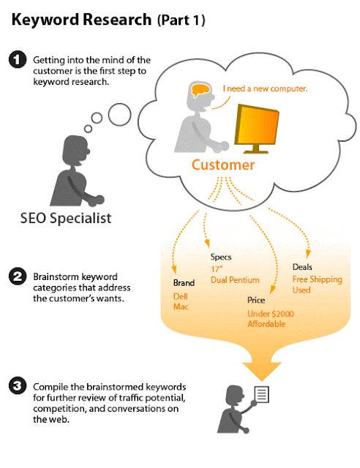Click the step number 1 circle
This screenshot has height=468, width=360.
[x=18, y=59]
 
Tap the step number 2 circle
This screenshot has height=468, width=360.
[x=18, y=276]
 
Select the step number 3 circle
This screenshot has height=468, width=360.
[x=18, y=385]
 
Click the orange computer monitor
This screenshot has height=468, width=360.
[x=256, y=129]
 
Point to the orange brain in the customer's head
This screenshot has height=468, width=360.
[x=200, y=90]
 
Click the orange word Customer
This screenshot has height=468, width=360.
[x=223, y=165]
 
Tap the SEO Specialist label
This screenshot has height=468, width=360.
[x=66, y=218]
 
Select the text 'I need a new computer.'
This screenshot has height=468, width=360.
[x=265, y=88]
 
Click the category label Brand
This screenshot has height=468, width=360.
[x=184, y=283]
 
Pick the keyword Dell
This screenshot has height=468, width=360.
[x=181, y=296]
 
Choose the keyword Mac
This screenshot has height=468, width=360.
[x=181, y=306]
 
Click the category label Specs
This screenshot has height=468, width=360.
[x=221, y=257]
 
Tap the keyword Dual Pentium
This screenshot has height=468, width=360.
[x=235, y=280]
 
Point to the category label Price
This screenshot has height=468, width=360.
[x=256, y=300]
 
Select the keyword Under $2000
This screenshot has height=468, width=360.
[x=271, y=314]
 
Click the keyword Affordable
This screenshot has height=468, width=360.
[x=266, y=324]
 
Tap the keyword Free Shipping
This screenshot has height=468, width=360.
[x=317, y=279]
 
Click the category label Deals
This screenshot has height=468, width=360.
[x=302, y=267]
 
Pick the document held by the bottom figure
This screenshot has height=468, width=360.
[x=261, y=394]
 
